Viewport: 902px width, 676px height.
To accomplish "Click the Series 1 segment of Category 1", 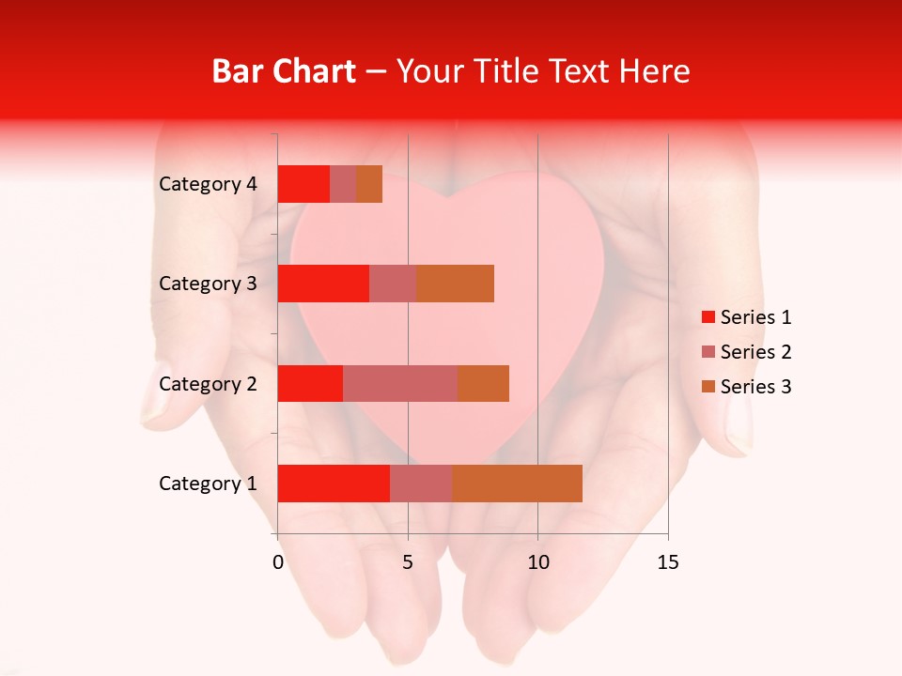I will [334, 484].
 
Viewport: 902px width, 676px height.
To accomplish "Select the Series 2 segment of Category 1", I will [421, 484].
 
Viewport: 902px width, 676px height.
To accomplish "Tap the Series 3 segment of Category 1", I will [517, 484].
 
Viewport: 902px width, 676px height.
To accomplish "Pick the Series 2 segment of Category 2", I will [400, 383].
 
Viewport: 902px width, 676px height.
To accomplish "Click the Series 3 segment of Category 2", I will [483, 383].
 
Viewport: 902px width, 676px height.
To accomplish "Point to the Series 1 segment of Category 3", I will [323, 284].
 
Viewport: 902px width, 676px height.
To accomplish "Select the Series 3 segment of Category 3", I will [455, 284].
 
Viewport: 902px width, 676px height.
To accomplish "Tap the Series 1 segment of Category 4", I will [303, 184].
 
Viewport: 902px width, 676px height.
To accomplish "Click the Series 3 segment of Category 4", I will [369, 184].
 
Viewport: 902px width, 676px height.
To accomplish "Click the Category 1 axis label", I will [208, 484].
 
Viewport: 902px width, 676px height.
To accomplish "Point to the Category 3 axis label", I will [208, 284].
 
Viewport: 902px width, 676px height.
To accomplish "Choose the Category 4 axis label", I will [208, 184].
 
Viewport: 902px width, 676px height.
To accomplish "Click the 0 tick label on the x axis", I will [278, 562].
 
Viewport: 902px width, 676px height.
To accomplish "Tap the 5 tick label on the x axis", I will [408, 562].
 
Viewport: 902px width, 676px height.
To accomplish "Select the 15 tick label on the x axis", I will [667, 562].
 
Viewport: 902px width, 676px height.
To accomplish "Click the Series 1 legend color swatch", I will [708, 317].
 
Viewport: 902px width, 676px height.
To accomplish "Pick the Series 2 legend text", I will [755, 352].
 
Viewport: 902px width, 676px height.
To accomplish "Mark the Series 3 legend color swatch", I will [708, 387].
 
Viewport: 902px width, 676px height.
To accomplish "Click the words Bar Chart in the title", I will [284, 71].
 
